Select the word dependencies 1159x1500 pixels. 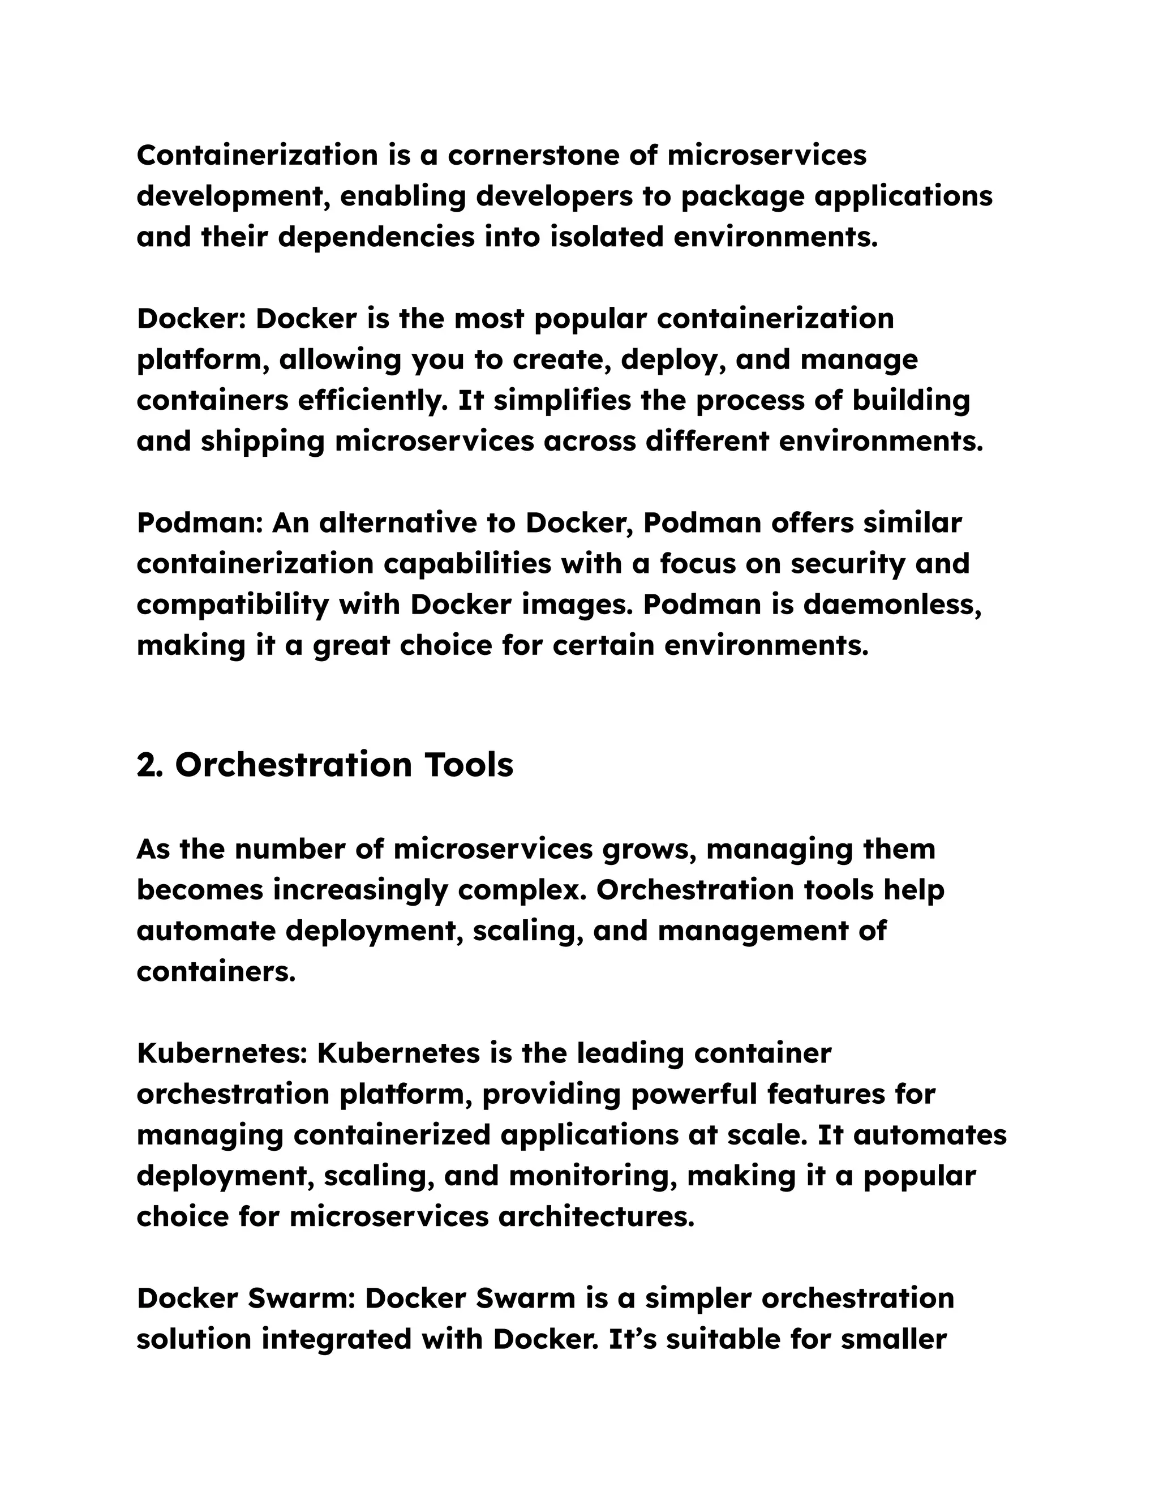pyautogui.click(x=376, y=237)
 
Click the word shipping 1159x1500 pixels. pyautogui.click(x=262, y=441)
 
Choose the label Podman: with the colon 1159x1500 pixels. pyautogui.click(x=200, y=524)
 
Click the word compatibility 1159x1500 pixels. pyautogui.click(x=233, y=606)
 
